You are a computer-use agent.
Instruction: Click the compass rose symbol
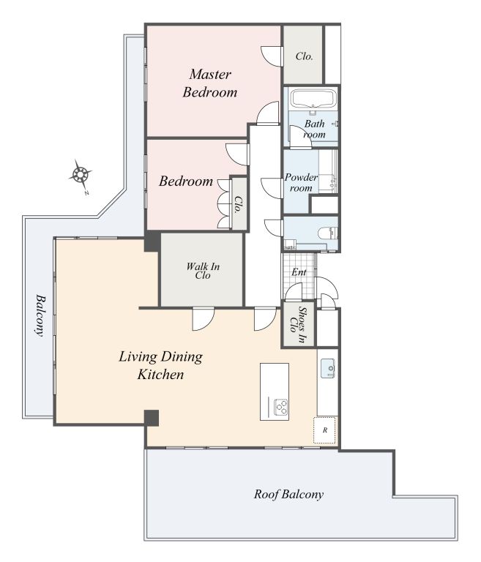[80, 176]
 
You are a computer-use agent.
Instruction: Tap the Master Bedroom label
[210, 83]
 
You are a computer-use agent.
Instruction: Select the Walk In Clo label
[203, 271]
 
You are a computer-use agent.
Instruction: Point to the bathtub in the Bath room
[313, 100]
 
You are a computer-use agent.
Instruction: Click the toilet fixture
[328, 233]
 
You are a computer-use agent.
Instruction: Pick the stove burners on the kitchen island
[280, 407]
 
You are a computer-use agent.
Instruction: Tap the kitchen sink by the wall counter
[327, 368]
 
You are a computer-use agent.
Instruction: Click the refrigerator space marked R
[324, 430]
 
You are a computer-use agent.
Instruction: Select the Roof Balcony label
[288, 494]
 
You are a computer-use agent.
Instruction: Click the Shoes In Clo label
[299, 325]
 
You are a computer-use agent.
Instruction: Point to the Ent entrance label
[299, 272]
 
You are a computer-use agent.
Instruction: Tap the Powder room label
[301, 182]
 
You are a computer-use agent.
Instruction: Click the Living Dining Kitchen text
[160, 365]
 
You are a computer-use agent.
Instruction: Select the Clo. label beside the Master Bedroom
[304, 56]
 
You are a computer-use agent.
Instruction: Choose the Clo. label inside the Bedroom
[238, 204]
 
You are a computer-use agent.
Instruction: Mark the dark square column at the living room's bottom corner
[152, 418]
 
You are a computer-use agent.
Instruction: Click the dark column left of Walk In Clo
[152, 241]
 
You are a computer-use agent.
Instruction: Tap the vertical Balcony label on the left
[40, 315]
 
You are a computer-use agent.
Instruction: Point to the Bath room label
[315, 129]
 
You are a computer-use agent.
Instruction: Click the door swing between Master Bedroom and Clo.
[271, 56]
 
